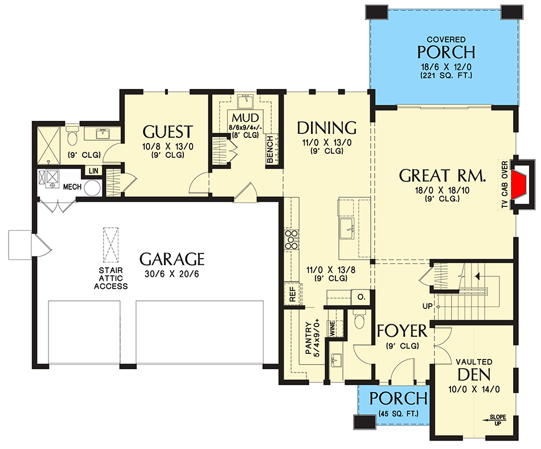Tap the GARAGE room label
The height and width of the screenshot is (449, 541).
click(x=172, y=259)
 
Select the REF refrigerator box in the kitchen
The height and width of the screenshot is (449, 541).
click(x=292, y=295)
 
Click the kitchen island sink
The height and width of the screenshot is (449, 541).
click(x=347, y=228)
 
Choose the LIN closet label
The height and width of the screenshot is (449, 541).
click(x=93, y=171)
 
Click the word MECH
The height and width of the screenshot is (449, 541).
click(x=72, y=187)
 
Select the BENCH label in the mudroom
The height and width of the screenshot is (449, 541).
click(x=270, y=149)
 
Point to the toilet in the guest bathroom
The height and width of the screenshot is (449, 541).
click(x=72, y=136)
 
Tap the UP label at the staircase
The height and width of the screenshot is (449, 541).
click(x=427, y=306)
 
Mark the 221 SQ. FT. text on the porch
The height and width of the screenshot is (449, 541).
click(x=446, y=75)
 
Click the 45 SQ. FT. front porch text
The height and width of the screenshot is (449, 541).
click(x=398, y=413)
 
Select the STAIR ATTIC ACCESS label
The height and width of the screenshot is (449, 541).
click(x=110, y=278)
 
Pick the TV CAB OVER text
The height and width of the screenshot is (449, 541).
click(x=505, y=185)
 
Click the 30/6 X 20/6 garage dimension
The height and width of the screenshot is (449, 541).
click(x=172, y=274)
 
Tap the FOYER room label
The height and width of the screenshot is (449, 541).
click(x=402, y=331)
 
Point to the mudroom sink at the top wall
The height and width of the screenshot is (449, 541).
click(x=245, y=102)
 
